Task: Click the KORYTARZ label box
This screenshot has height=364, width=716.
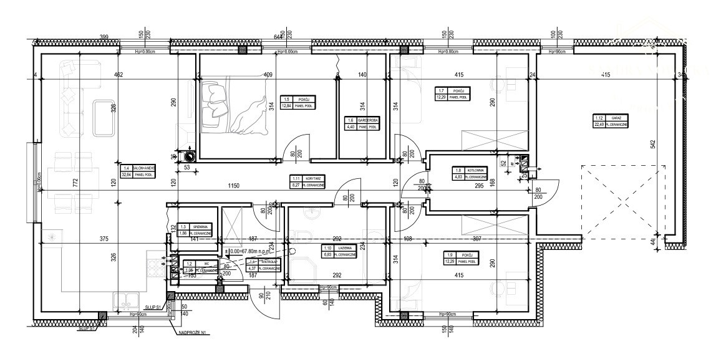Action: click(x=306, y=181)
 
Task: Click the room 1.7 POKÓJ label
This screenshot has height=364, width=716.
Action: click(x=453, y=94)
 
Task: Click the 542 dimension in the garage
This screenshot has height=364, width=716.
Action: click(x=652, y=145)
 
